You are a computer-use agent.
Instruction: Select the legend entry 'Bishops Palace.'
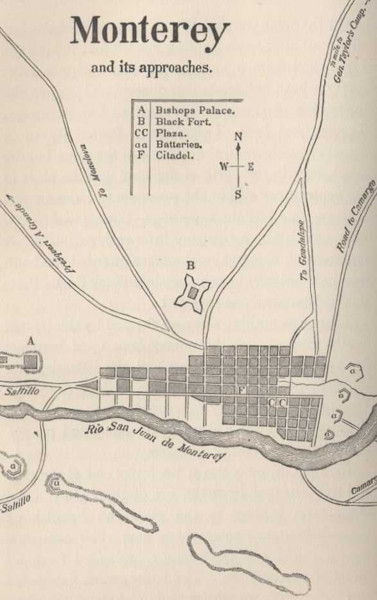pos(195,110)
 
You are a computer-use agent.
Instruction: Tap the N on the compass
pos(238,137)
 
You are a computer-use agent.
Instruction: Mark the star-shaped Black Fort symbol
pos(192,292)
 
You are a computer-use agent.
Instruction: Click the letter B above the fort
pos(190,264)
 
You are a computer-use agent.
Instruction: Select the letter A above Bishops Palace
pos(30,342)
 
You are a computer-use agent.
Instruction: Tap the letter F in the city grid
pos(241,390)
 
